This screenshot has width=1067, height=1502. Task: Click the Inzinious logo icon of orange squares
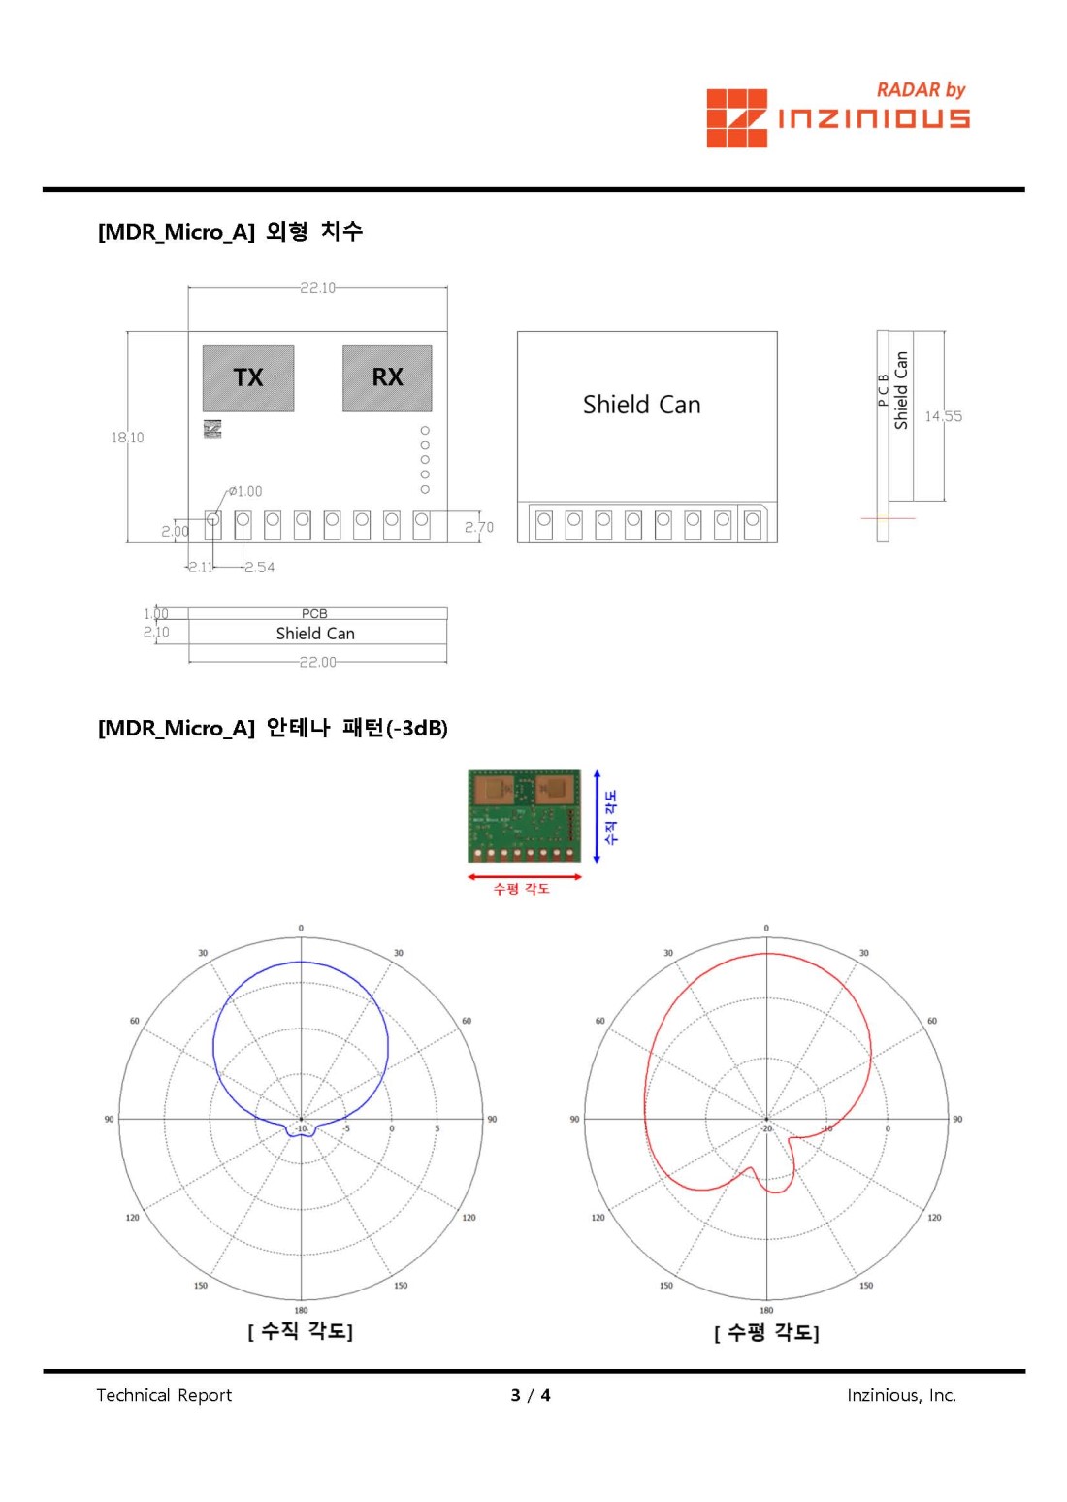pos(736,118)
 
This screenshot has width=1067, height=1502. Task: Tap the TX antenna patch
pos(248,377)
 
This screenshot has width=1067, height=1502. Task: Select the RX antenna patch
pos(387,377)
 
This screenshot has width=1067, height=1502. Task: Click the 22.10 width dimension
pos(317,288)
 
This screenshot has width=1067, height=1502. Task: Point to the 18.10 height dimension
pos(127,438)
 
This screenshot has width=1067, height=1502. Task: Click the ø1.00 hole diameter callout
pos(245,491)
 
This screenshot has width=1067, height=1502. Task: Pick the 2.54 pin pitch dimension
pos(260,568)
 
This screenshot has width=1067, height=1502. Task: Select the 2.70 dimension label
pos(478,527)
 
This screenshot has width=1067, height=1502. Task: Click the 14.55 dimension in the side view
pos(943,416)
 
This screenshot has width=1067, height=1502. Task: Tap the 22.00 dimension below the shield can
pos(317,662)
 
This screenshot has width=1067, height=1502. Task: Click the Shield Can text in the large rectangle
pos(641,405)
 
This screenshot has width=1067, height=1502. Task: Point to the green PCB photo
pos(524,816)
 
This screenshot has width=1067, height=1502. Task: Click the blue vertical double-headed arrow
pos(597,816)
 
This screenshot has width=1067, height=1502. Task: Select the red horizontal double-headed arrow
pos(524,876)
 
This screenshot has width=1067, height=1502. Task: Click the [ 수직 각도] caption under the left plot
pos(301,1331)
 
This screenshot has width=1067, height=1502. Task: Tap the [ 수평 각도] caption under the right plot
pos(766,1333)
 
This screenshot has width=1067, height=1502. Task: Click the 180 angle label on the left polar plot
pos(301,1310)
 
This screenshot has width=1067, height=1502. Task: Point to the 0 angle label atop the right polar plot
pos(766,929)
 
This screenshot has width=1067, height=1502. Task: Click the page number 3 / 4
pos(531,1395)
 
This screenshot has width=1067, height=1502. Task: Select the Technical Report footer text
pos(164,1395)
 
